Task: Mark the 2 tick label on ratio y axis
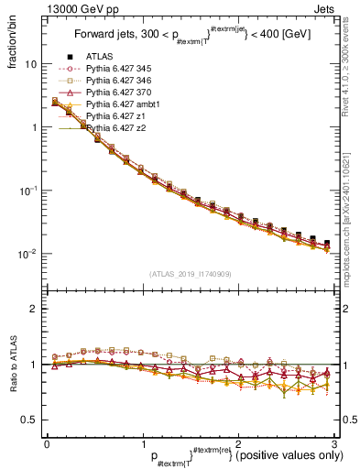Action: tap(33, 309)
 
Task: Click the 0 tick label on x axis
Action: tap(46, 442)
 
